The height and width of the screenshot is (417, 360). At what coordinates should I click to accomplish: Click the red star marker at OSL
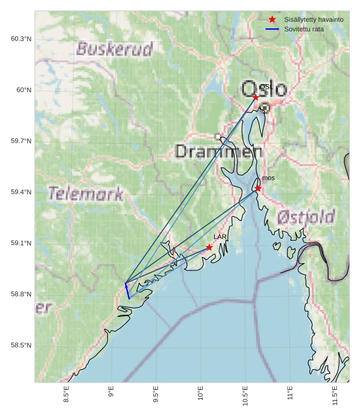256,97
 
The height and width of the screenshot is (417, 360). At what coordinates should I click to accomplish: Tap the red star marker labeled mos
258,188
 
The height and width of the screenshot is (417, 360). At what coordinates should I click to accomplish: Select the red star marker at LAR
209,247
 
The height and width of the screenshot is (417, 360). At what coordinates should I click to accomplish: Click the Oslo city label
264,89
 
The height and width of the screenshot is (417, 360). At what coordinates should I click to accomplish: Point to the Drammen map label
219,151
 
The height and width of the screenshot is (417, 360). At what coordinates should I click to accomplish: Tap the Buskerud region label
115,49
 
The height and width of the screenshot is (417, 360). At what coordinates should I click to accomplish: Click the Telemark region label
86,194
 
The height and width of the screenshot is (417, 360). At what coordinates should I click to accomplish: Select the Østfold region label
306,217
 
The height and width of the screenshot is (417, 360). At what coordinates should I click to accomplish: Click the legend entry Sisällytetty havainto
314,20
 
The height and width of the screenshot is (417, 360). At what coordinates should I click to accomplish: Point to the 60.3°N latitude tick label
21,39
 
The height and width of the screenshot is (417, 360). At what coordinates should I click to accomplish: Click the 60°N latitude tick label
24,90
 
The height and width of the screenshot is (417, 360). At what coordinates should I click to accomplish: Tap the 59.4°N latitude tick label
21,192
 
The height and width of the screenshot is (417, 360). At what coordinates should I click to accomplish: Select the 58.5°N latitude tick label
21,345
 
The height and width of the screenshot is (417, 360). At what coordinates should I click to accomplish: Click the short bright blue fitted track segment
127,291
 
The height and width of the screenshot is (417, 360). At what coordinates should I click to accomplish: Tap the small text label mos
268,178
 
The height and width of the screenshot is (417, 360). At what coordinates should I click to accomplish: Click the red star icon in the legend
272,20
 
